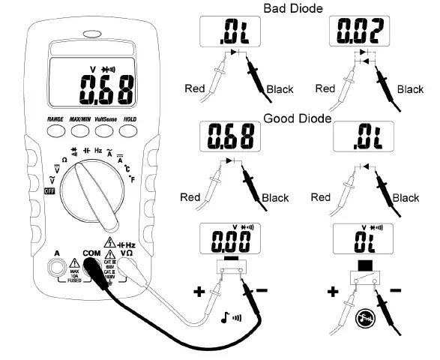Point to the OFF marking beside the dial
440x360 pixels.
pos(51,191)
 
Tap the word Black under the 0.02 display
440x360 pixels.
pos(410,89)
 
